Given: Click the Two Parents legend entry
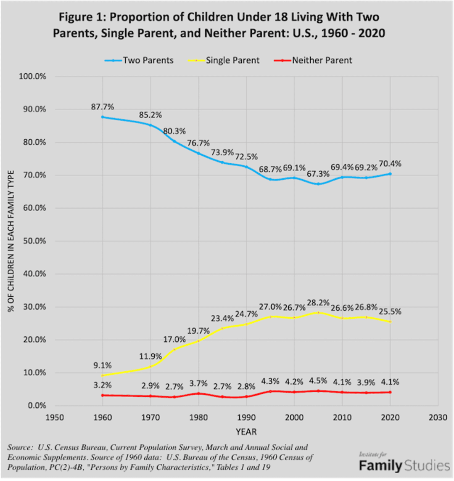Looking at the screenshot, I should pos(139,60).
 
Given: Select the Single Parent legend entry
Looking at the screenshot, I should pos(227,60).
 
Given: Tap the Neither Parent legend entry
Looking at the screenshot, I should pos(316,60).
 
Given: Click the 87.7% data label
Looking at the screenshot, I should pos(103,106).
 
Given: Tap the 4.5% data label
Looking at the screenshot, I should pos(318,382).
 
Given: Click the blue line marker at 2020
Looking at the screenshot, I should pos(390,174).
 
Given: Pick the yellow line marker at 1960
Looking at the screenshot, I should pos(102,375).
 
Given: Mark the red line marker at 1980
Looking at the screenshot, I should pos(198,393).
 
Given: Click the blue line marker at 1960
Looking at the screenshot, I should pos(102,117).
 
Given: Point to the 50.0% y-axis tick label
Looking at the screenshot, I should pos(34,241).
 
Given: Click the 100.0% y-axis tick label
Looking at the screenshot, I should pos(32,77).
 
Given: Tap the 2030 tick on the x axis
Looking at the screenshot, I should pos(438,417).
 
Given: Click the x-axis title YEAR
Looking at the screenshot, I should pos(246,432).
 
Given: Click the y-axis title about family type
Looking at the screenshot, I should pos(11,241).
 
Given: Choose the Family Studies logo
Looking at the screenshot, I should pos(404,465).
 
